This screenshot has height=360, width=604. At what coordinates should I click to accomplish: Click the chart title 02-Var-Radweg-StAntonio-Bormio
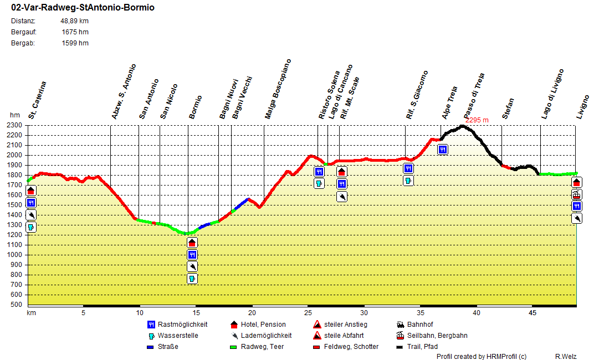tap(83, 8)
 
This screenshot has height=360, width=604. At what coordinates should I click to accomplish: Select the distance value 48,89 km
tap(74, 21)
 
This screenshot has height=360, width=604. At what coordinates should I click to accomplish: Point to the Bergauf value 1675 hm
tap(75, 32)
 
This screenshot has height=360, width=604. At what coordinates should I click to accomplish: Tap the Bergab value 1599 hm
tap(75, 43)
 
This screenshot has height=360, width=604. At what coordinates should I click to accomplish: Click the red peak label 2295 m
tap(477, 120)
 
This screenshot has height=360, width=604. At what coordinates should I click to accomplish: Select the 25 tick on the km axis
tap(308, 313)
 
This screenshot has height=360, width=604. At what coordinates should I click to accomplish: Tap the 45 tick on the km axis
tap(532, 313)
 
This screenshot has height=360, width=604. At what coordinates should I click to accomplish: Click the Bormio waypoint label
tap(196, 107)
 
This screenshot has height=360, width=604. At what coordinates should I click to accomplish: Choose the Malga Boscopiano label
tap(278, 89)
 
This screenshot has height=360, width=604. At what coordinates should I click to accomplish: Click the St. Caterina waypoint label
tap(37, 100)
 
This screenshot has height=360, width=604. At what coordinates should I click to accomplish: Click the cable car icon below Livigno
tap(577, 194)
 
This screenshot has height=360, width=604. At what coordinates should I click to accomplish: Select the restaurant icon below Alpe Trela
tap(443, 149)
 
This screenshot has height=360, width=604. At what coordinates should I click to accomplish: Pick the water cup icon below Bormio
tap(192, 279)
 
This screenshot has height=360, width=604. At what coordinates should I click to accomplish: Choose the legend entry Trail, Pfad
tap(421, 347)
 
